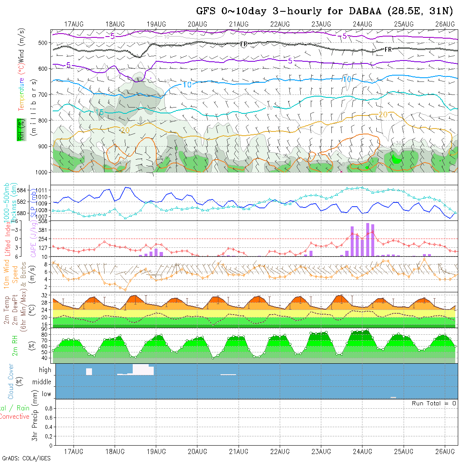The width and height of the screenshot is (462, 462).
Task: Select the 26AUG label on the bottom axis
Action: pyautogui.click(x=445, y=451)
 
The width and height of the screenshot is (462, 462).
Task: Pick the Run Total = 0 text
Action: pyautogui.click(x=434, y=403)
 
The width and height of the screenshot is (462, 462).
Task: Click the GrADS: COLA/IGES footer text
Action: pyautogui.click(x=26, y=458)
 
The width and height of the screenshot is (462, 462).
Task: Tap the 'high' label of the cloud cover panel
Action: pyautogui.click(x=45, y=370)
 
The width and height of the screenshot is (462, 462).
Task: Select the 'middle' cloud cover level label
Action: pyautogui.click(x=42, y=382)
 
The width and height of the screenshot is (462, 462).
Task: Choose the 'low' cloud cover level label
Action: pyautogui.click(x=46, y=394)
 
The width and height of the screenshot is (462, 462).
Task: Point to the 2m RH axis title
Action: pyautogui.click(x=15, y=346)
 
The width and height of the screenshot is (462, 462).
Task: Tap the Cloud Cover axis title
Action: pyautogui.click(x=10, y=381)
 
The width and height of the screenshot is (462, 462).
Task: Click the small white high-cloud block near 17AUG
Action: pyautogui.click(x=89, y=372)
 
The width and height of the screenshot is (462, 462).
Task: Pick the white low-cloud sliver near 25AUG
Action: pyautogui.click(x=393, y=397)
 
